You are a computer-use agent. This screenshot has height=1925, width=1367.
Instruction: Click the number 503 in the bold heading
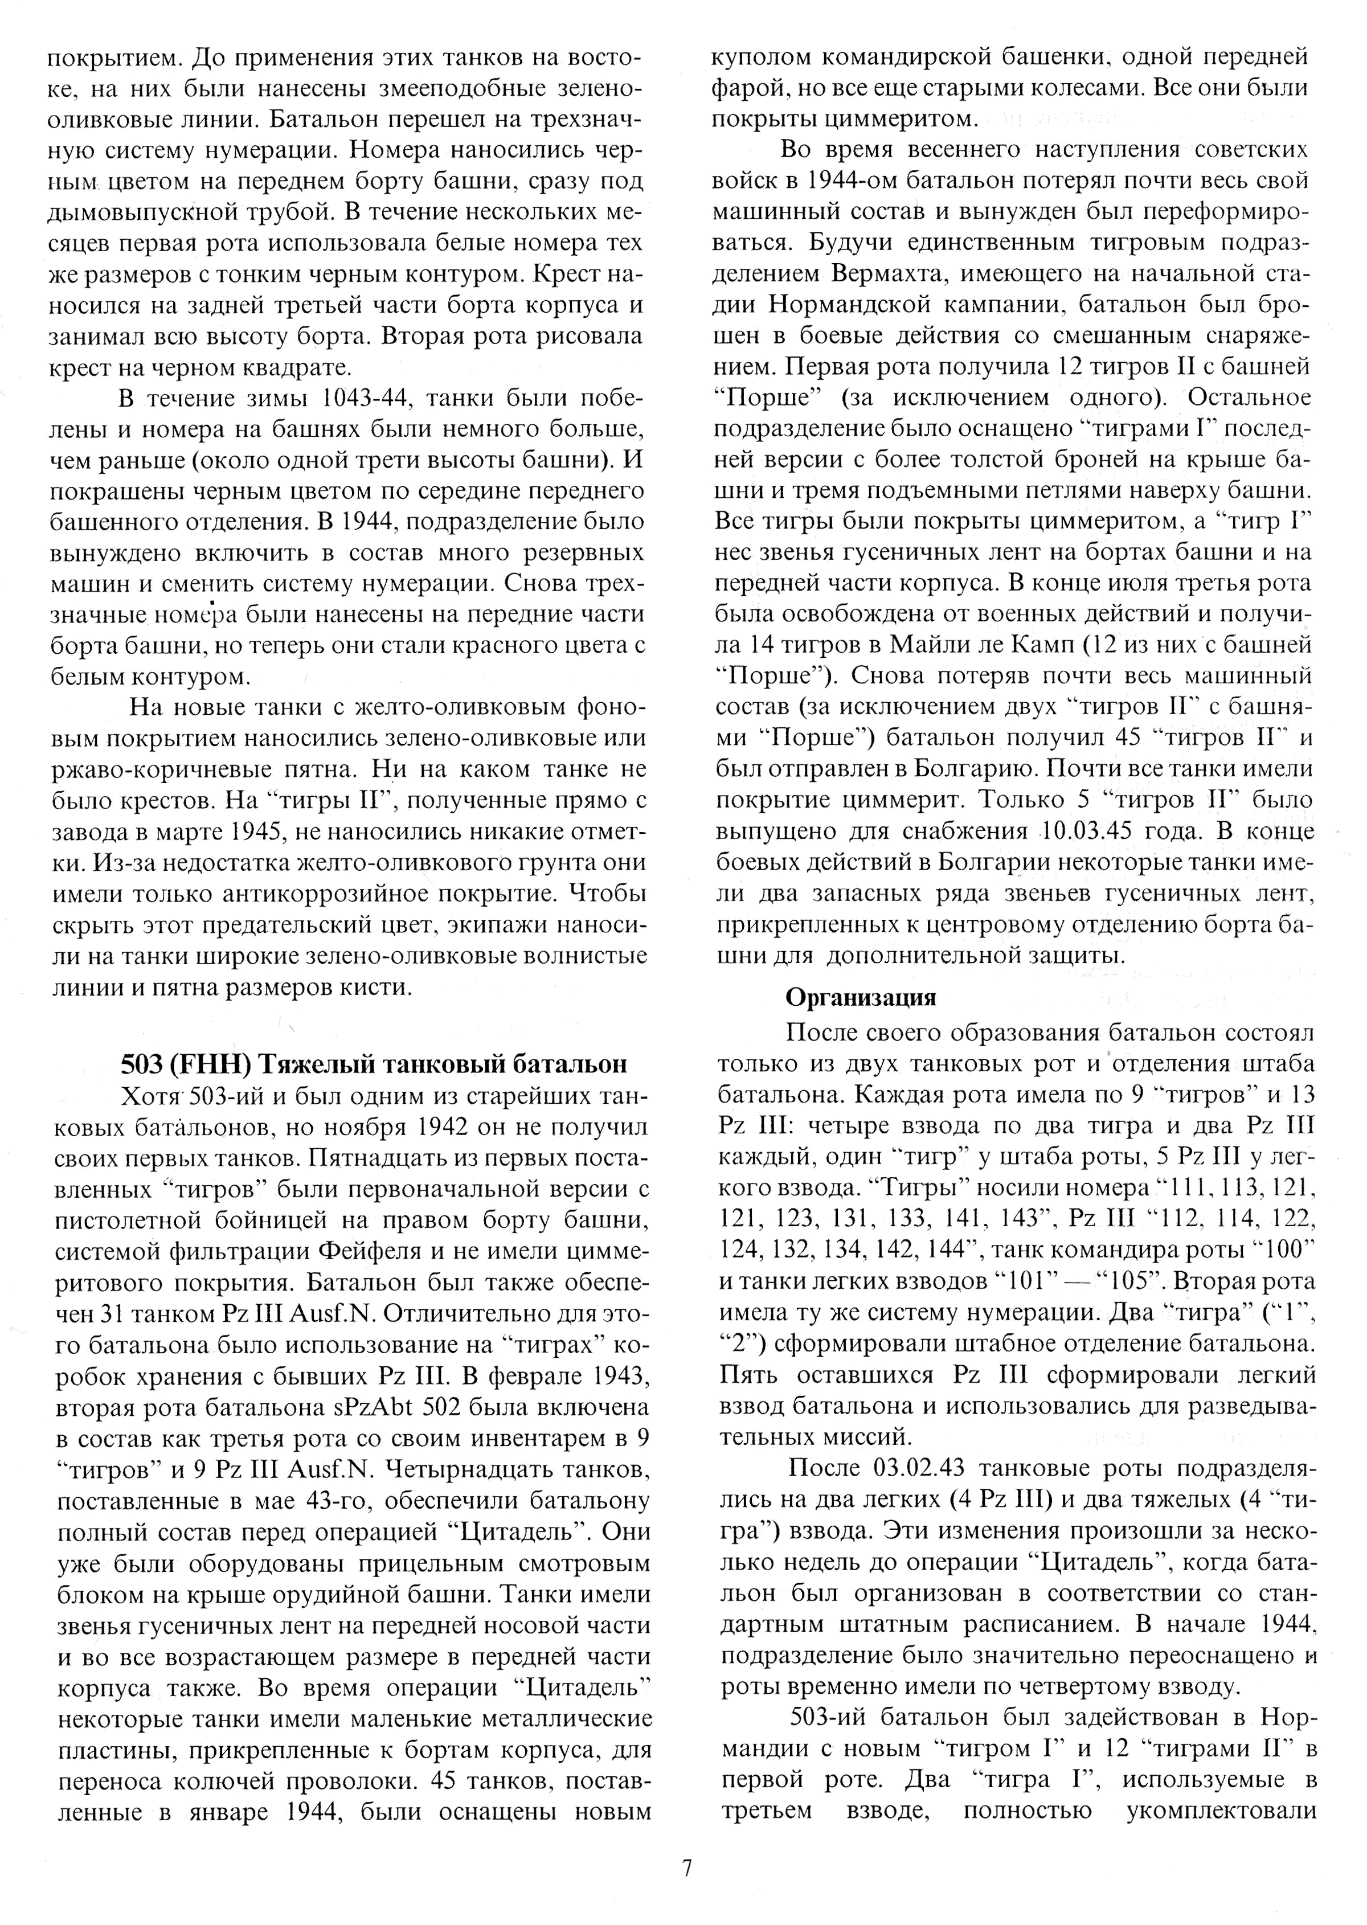tap(141, 1064)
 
